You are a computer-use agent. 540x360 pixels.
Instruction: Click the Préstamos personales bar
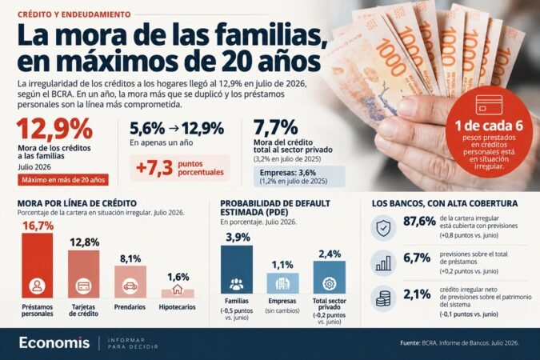[x=37, y=266]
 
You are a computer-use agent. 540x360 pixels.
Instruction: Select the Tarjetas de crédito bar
[x=84, y=274]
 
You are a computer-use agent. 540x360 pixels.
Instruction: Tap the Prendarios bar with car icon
[x=130, y=282]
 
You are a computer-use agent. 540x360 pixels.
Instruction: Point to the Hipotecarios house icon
[x=178, y=289]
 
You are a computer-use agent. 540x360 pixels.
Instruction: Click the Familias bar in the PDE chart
[x=237, y=270]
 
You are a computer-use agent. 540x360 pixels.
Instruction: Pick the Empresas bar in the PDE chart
[x=282, y=283]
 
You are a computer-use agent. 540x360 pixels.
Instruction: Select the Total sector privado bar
[x=330, y=277]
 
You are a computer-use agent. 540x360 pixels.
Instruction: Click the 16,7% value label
[x=38, y=226]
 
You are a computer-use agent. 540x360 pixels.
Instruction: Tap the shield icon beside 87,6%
[x=383, y=228]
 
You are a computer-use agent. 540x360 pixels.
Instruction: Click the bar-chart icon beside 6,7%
[x=383, y=263]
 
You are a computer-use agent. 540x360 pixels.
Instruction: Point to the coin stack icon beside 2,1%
[x=383, y=298]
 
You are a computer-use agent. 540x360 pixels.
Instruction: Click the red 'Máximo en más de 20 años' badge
[x=63, y=180]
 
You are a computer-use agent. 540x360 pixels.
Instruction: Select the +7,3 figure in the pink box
[x=154, y=168]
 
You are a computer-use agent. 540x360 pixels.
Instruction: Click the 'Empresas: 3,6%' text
[x=287, y=173]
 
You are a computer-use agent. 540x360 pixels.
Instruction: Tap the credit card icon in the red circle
[x=489, y=105]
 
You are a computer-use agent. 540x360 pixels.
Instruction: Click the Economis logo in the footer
[x=54, y=342]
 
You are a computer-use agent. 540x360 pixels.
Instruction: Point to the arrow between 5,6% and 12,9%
[x=174, y=129]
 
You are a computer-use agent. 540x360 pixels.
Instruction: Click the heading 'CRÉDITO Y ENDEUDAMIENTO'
[x=74, y=14]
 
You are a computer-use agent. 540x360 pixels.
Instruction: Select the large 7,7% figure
[x=276, y=127]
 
